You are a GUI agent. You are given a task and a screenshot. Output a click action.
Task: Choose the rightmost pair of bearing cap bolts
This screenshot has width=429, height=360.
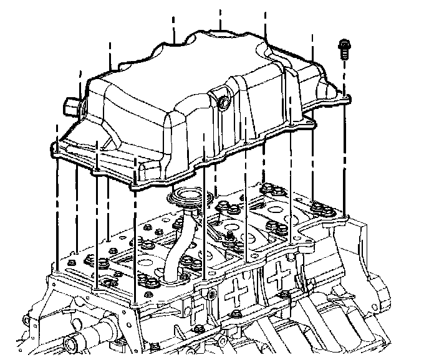click(320, 206)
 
